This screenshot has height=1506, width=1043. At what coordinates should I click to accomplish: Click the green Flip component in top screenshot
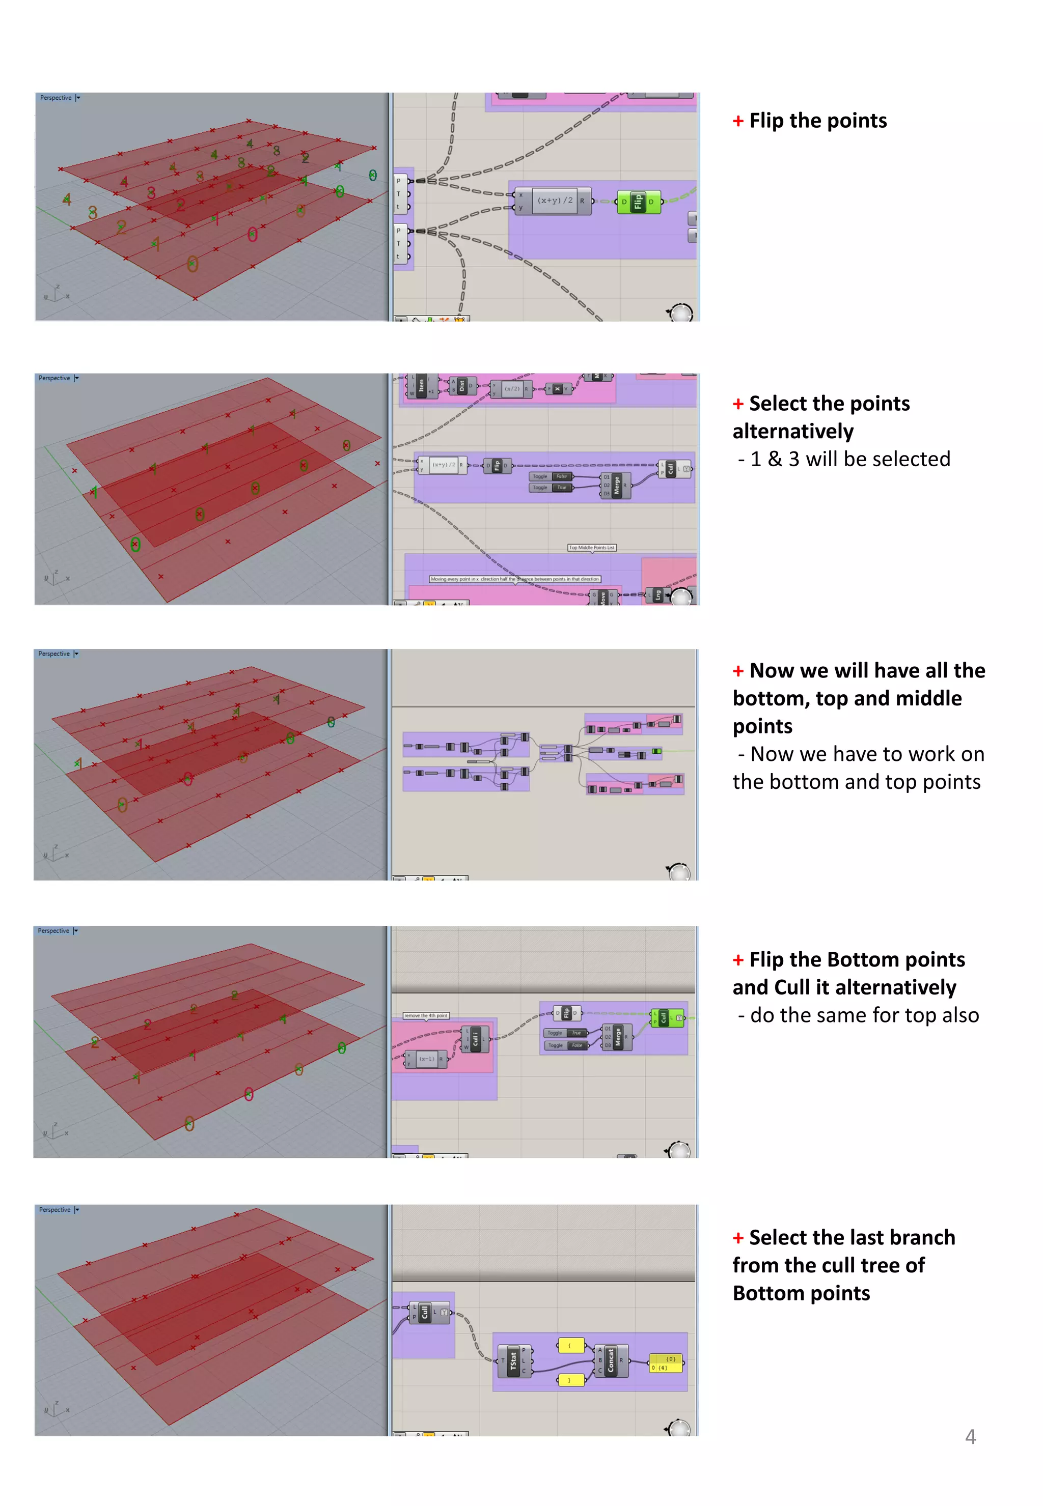tap(637, 202)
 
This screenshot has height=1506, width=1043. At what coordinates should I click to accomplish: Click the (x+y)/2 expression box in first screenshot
tap(554, 201)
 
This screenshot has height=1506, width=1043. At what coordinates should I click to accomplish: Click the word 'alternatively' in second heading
tap(793, 431)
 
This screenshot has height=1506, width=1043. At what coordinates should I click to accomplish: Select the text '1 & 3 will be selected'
tap(849, 459)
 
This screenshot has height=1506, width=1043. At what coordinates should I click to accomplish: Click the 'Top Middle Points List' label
tap(591, 547)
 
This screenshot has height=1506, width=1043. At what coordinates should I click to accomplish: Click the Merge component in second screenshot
tap(616, 485)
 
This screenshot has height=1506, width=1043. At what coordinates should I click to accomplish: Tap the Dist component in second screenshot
tap(461, 386)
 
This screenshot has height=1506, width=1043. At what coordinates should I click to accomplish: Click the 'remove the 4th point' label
tap(425, 1015)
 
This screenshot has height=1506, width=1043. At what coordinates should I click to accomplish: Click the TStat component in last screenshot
tap(514, 1360)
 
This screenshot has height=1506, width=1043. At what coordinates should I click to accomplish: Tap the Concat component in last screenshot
tap(611, 1360)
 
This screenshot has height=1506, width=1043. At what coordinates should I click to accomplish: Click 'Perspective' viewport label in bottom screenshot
tap(54, 1209)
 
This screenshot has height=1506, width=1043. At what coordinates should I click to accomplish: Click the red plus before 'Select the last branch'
tap(738, 1238)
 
